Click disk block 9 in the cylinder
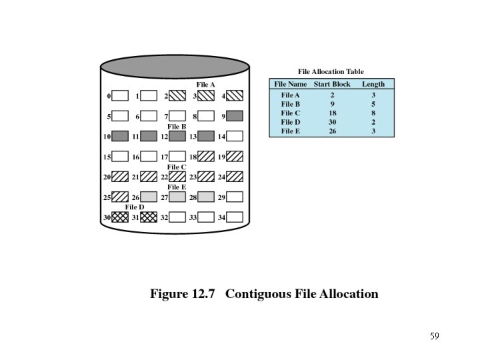(x=235, y=116)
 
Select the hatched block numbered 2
(x=177, y=96)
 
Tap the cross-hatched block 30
(x=120, y=217)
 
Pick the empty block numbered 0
(x=120, y=96)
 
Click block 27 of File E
(x=177, y=197)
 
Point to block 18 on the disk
(x=206, y=157)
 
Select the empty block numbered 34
(x=235, y=217)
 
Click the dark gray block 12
(x=177, y=136)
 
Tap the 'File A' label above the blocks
(x=205, y=85)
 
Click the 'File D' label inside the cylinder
(x=135, y=207)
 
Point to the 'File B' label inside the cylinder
(x=177, y=126)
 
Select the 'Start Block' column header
(x=332, y=84)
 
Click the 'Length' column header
(x=373, y=84)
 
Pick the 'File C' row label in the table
(x=291, y=113)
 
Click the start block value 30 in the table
(x=332, y=122)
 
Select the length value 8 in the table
(x=373, y=113)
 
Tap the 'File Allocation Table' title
(x=331, y=72)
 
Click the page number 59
(x=434, y=336)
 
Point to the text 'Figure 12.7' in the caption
(x=183, y=294)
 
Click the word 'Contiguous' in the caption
(x=260, y=294)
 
